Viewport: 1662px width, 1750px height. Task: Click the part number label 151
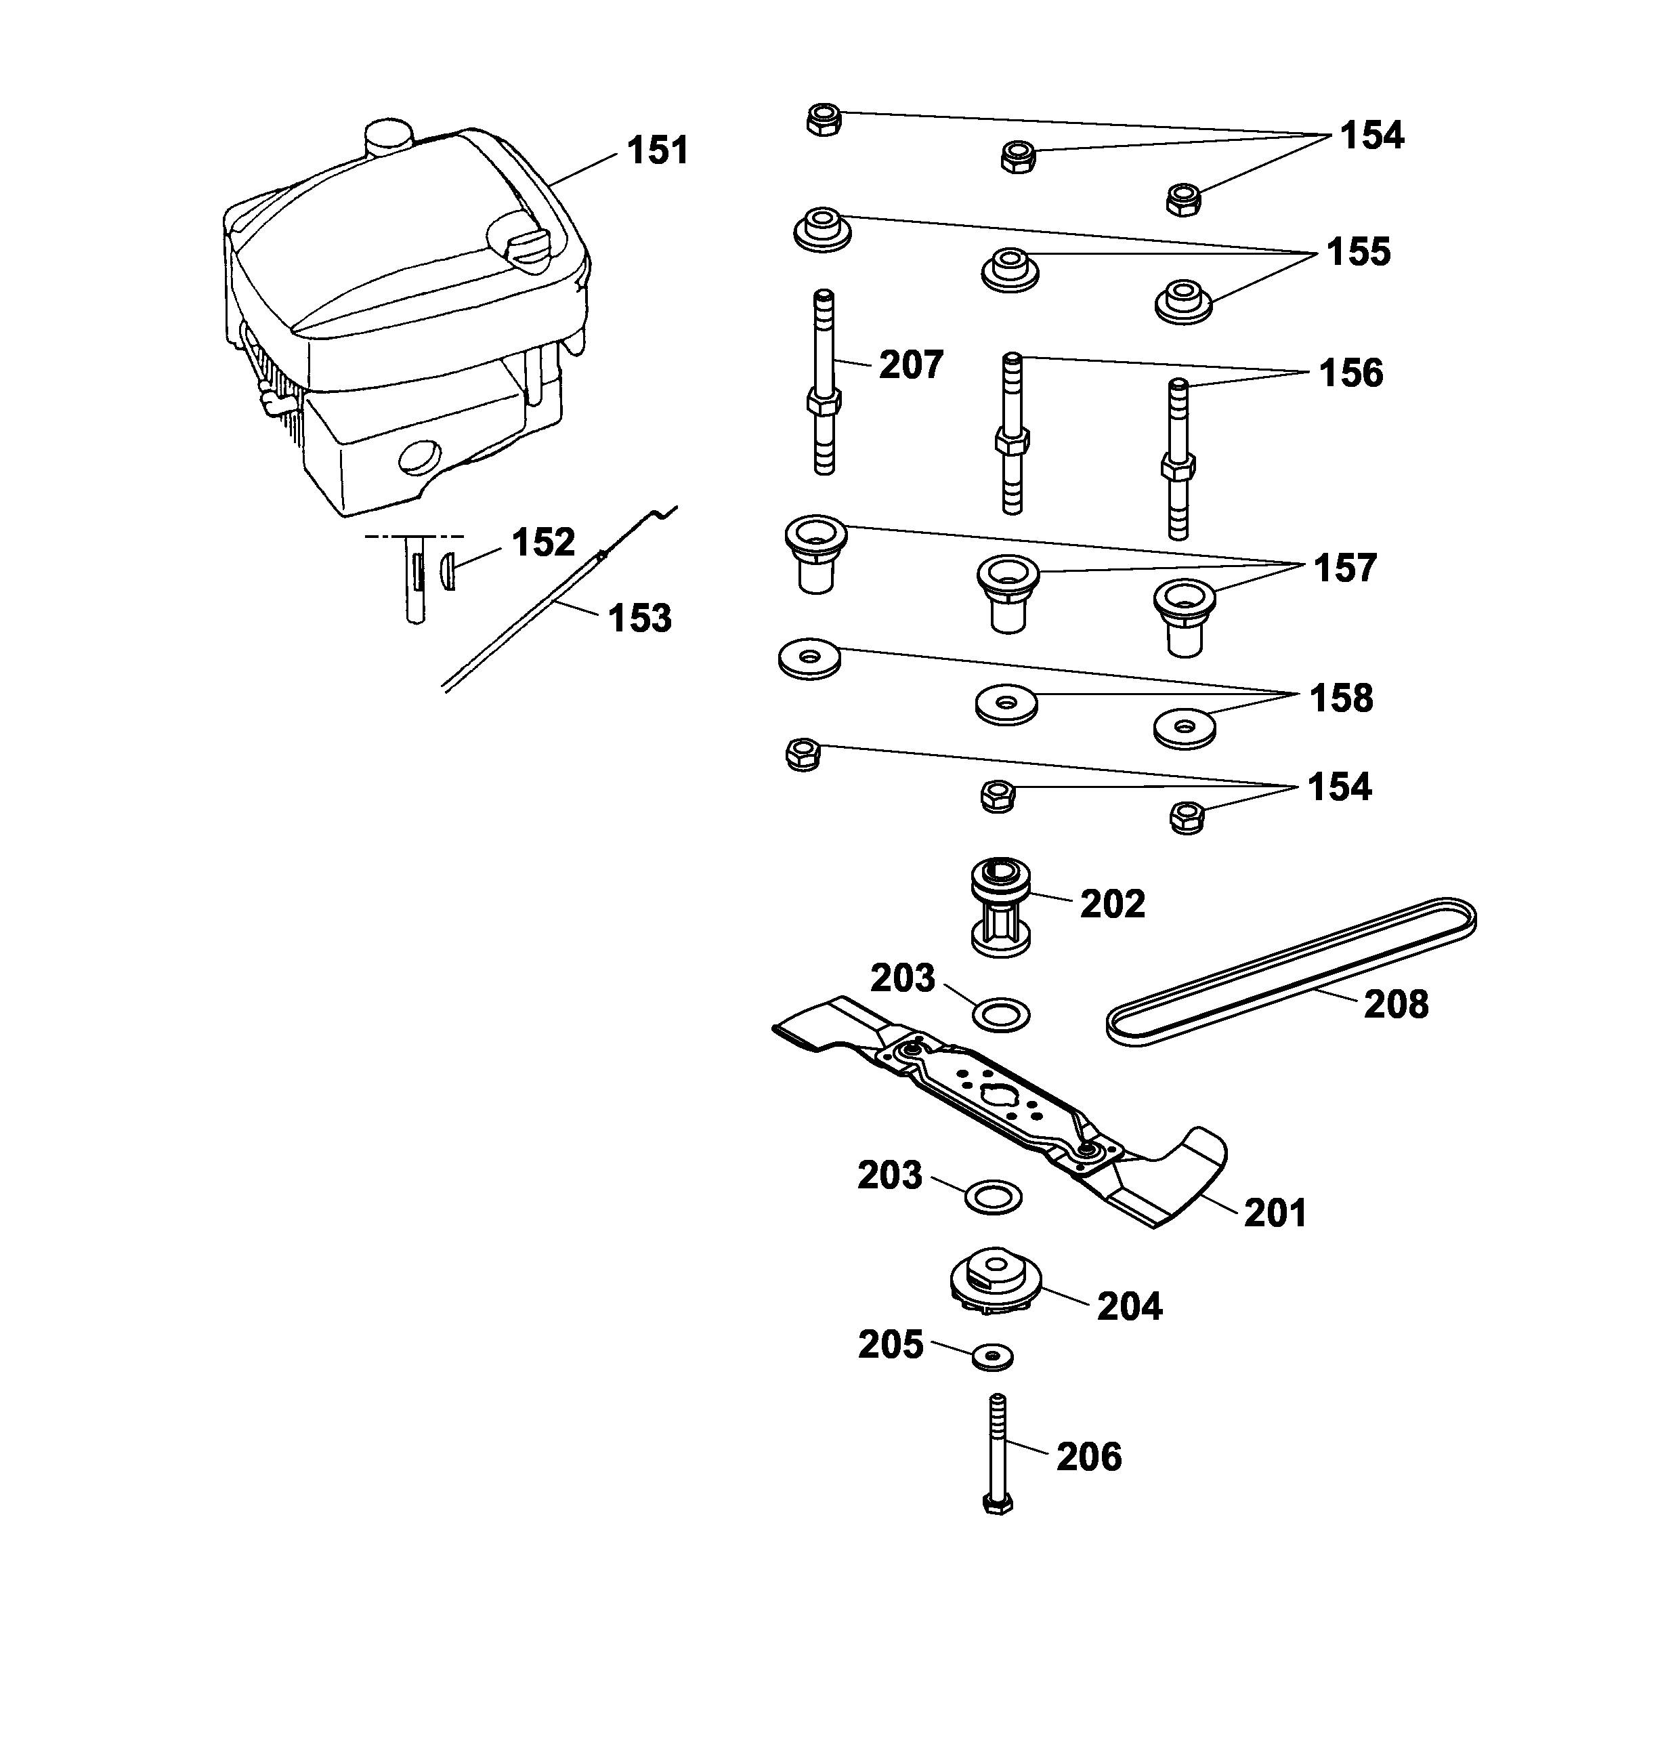[x=658, y=150]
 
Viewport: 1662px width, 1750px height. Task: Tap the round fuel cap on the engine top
[x=388, y=138]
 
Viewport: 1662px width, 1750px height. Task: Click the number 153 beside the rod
[x=639, y=619]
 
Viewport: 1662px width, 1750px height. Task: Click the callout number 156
[x=1350, y=373]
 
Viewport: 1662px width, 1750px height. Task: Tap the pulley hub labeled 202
[x=1002, y=909]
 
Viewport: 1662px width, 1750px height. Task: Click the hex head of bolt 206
[x=998, y=1503]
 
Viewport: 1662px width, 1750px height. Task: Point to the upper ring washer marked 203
[x=1001, y=1014]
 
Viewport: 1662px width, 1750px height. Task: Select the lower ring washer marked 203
[x=992, y=1197]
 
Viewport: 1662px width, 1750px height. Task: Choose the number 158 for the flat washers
[x=1341, y=699]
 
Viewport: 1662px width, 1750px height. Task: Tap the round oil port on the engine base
[x=419, y=458]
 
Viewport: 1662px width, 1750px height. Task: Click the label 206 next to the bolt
[x=1089, y=1457]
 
